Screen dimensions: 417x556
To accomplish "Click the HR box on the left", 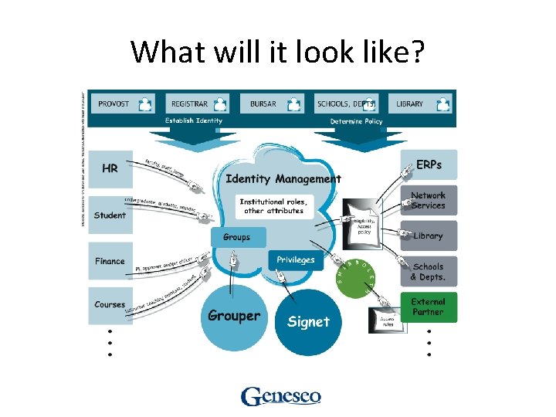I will click(x=110, y=168).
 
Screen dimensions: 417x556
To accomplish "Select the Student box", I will click(x=110, y=214).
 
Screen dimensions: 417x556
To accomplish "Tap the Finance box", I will click(x=110, y=261).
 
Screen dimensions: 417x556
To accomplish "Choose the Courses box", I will click(x=110, y=305).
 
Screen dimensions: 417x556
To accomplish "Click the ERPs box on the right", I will click(x=429, y=165).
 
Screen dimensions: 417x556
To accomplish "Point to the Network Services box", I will click(x=429, y=200).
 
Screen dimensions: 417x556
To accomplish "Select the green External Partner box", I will click(x=429, y=307).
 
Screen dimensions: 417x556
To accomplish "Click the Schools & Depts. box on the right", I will click(x=429, y=272).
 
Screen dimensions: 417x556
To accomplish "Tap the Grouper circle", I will click(x=234, y=316).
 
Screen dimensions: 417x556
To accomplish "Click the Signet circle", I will click(x=308, y=322).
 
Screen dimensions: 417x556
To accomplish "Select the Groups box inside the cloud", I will click(x=238, y=237).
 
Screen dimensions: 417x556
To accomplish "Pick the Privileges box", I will click(x=296, y=260).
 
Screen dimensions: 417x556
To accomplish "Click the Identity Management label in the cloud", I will click(x=283, y=179).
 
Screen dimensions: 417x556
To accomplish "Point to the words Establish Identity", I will click(x=193, y=121).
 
